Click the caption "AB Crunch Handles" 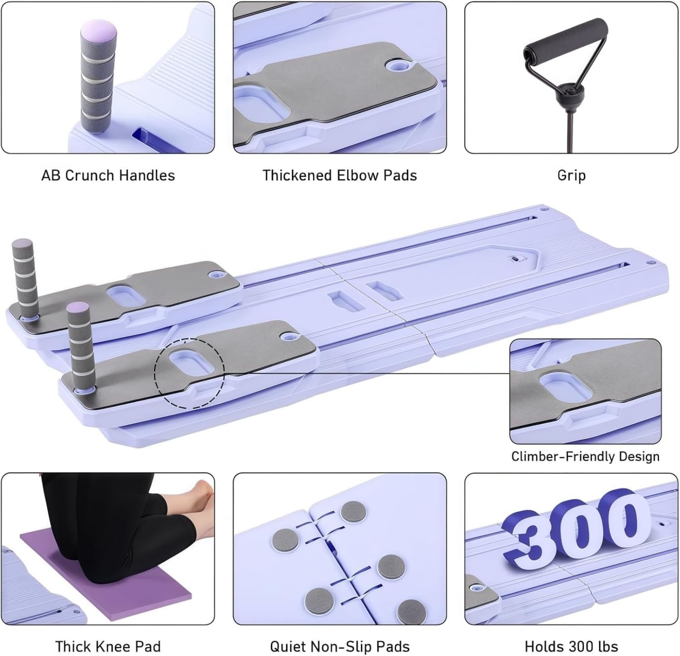tap(108, 176)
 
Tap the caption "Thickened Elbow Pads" tap(340, 176)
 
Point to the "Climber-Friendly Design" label tap(585, 456)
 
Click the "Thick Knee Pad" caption tap(108, 647)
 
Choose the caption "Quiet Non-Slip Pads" tap(340, 647)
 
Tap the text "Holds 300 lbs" tap(571, 647)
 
